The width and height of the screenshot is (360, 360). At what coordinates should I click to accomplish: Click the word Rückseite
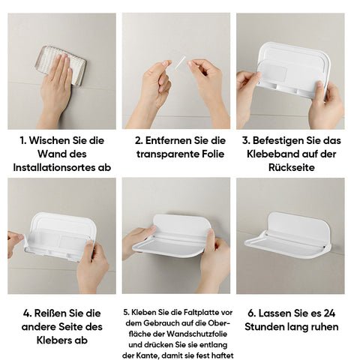[292, 167]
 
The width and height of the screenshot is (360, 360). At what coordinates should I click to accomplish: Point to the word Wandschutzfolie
[196, 334]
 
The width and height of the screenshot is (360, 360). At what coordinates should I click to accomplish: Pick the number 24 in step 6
[329, 313]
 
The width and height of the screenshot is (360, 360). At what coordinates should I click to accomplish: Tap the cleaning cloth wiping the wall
[60, 65]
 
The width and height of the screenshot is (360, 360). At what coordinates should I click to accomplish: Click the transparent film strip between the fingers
[180, 62]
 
